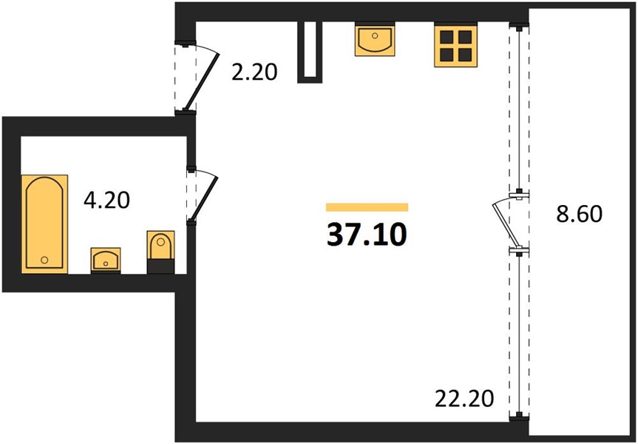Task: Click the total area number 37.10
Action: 367,235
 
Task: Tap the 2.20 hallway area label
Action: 254,73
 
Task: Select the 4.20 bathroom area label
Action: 106,200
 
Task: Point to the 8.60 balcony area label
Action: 579,214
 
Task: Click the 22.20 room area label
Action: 464,398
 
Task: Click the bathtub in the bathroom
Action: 45,224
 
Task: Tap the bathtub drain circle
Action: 44,260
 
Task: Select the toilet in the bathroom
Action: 160,252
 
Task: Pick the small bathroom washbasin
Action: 106,260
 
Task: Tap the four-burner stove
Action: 455,46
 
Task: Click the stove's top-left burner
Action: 447,37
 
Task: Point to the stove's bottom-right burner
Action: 465,55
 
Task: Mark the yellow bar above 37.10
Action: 367,207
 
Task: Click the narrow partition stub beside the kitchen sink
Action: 310,52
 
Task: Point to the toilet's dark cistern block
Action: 160,266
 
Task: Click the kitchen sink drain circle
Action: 375,36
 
